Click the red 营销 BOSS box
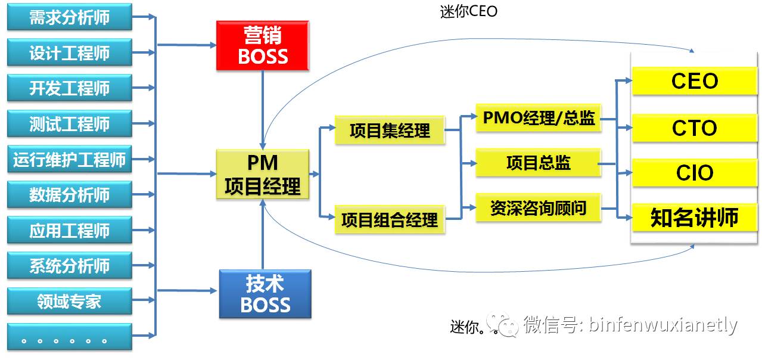263,46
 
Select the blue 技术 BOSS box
265,294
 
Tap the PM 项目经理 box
263,174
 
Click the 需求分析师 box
69,17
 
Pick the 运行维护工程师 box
69,160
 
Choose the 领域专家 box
69,301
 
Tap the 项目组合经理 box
390,220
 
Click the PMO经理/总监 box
538,117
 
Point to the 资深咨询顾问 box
538,208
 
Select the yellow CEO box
694,81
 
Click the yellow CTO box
694,128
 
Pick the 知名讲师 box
694,218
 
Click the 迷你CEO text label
468,11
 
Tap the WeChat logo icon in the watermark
502,325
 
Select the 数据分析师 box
69,195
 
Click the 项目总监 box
538,163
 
